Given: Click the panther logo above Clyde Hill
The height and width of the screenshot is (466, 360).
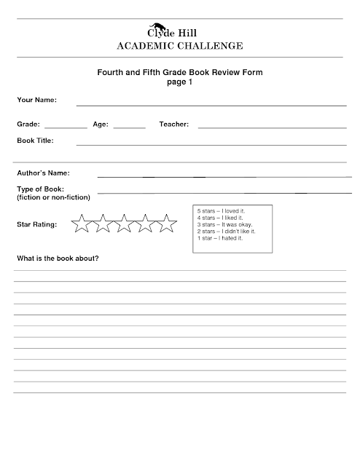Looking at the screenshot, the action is (175, 24).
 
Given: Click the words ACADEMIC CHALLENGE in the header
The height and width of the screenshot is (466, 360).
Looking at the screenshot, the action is (179, 47).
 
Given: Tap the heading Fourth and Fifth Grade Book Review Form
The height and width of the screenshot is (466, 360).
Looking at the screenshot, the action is (179, 74).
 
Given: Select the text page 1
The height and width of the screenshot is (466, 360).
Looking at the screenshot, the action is (179, 83).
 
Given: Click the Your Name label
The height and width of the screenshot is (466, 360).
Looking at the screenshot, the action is (36, 100).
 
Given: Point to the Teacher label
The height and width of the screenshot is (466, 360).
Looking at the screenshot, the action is (173, 125).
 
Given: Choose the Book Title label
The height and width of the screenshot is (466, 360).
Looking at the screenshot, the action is (35, 140).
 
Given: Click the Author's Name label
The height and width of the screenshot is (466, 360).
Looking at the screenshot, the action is (43, 173).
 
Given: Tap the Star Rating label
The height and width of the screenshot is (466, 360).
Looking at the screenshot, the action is (36, 224).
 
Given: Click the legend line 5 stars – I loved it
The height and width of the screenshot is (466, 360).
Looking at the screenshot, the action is (223, 211).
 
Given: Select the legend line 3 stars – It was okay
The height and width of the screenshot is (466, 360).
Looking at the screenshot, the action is (225, 224).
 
